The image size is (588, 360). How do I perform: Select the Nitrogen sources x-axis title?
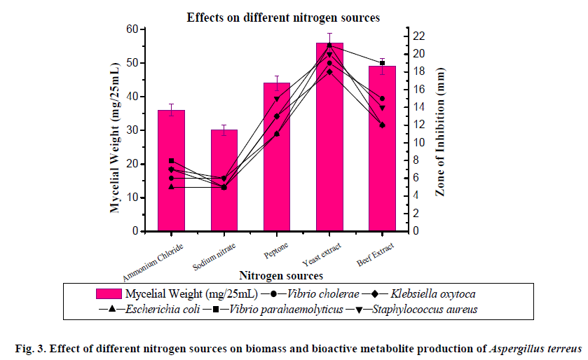[x=280, y=275]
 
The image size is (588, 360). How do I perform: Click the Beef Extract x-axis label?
[x=375, y=254]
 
